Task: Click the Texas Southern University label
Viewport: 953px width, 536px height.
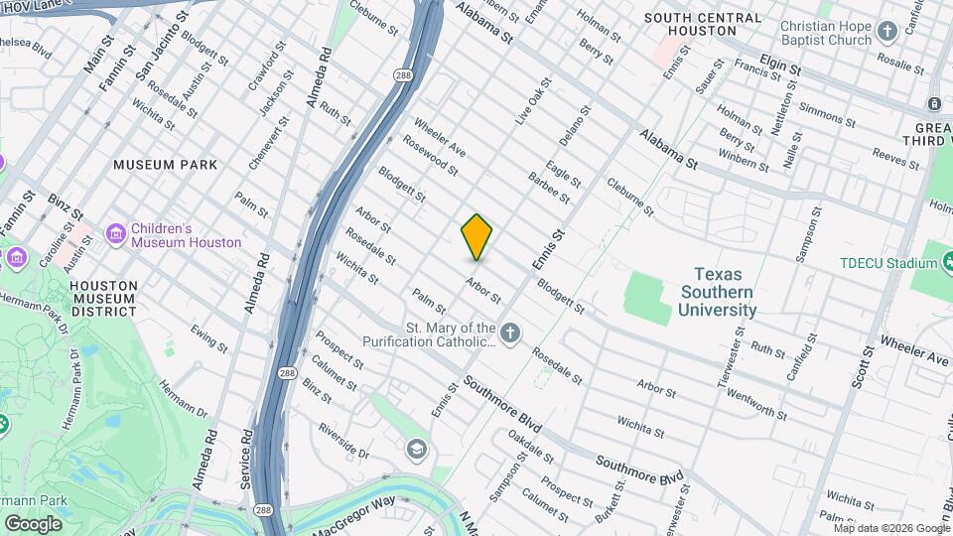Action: [x=718, y=292]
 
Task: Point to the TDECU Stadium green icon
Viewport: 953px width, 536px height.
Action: [x=925, y=262]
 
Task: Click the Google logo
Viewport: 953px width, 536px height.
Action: [x=33, y=524]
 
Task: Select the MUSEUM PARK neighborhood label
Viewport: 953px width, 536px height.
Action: [x=160, y=165]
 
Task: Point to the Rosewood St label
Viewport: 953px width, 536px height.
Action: [x=430, y=156]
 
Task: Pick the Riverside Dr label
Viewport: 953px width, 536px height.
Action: [x=344, y=441]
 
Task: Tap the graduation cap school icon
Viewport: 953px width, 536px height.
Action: [x=416, y=451]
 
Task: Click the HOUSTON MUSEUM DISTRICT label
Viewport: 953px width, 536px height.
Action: [x=103, y=298]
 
